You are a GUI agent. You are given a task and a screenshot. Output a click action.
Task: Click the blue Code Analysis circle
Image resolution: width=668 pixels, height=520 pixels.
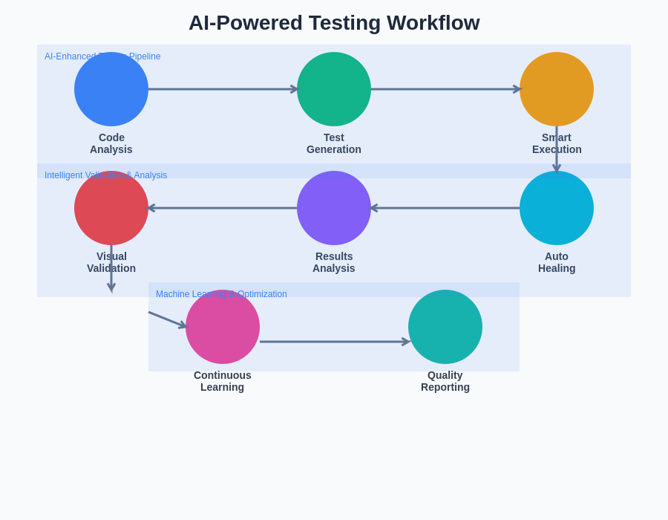click(x=111, y=89)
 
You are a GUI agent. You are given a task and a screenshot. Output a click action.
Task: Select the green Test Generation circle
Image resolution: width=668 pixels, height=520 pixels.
click(x=334, y=89)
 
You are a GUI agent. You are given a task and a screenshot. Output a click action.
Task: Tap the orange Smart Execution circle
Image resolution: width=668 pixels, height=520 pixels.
click(x=557, y=89)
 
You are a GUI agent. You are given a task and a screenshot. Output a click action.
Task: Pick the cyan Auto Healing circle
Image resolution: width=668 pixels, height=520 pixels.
click(x=557, y=208)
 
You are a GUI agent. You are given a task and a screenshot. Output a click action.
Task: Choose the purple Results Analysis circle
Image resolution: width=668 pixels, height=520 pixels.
click(x=334, y=208)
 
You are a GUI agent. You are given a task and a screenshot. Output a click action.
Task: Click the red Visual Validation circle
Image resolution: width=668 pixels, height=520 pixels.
click(x=111, y=208)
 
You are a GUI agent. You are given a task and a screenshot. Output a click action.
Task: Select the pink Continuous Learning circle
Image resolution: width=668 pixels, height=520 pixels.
click(x=223, y=327)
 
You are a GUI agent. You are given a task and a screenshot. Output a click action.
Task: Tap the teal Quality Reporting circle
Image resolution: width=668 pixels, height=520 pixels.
click(x=445, y=327)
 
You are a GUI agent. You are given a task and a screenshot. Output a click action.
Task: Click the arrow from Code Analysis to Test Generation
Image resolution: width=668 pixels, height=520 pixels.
click(x=223, y=89)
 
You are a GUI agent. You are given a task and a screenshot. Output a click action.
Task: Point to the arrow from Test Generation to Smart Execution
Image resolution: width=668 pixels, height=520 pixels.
click(x=445, y=89)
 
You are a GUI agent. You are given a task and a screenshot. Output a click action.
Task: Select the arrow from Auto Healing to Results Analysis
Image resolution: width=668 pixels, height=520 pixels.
click(x=445, y=208)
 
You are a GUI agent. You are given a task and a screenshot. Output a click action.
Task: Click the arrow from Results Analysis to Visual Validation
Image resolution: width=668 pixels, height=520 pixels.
click(x=223, y=208)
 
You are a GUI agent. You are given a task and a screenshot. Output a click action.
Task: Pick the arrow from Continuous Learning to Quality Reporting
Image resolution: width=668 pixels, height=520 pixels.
click(x=334, y=342)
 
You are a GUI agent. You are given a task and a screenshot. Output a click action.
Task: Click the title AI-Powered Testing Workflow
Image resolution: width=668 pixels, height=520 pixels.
click(x=334, y=23)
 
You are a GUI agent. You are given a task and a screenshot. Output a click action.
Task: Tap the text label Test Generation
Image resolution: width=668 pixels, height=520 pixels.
click(x=334, y=143)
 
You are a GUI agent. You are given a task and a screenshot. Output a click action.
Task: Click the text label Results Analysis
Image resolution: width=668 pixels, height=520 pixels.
click(x=334, y=262)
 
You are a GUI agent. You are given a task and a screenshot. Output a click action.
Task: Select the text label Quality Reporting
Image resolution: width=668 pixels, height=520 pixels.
click(x=445, y=381)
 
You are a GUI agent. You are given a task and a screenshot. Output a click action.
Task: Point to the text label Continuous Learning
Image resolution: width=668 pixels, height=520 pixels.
click(x=223, y=381)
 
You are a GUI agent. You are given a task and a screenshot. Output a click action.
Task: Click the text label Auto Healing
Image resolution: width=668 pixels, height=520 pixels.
click(x=557, y=262)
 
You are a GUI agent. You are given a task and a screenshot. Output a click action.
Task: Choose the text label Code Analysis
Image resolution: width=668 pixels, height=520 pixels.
click(x=111, y=143)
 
